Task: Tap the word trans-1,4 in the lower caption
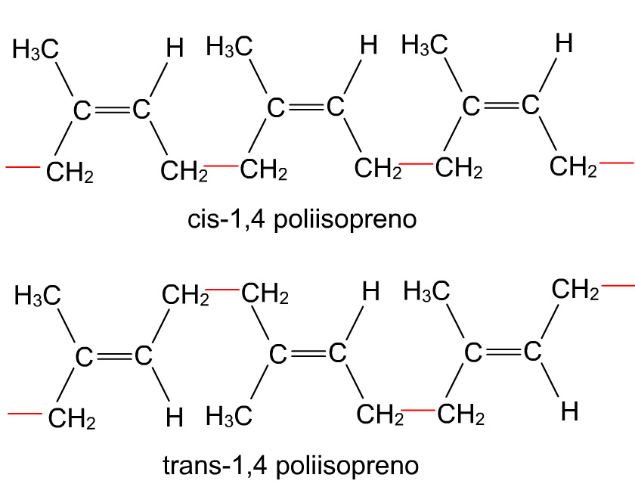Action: (x=215, y=465)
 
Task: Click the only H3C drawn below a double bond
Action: (x=229, y=417)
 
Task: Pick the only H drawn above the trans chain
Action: (x=370, y=291)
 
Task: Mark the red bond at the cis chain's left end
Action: (x=23, y=167)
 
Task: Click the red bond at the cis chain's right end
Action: (x=616, y=163)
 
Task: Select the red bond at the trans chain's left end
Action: (x=25, y=414)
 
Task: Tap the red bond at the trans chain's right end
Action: (x=618, y=286)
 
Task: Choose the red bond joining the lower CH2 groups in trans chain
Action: (x=418, y=411)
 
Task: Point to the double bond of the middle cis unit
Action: (x=305, y=107)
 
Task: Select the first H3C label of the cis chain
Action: (x=36, y=49)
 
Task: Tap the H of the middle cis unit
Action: (x=369, y=45)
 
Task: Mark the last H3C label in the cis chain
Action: (x=425, y=44)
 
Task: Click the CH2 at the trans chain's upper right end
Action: (x=575, y=290)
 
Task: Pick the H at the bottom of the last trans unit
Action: (x=569, y=411)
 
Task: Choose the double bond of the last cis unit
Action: (x=501, y=106)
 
